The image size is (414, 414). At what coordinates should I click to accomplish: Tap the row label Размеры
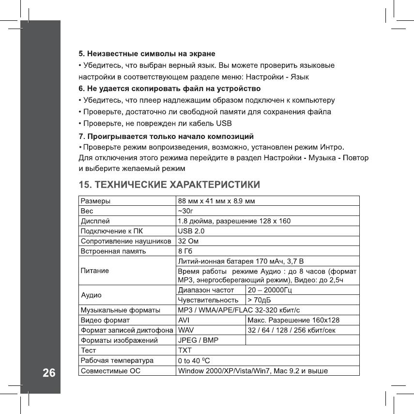pyautogui.click(x=95, y=200)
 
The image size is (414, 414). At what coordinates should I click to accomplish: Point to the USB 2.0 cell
pyautogui.click(x=192, y=230)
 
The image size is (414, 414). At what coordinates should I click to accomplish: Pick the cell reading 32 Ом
pyautogui.click(x=189, y=241)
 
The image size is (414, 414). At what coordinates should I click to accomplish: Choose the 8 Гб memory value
pyautogui.click(x=185, y=252)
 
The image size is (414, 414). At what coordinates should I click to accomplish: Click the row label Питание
pyautogui.click(x=95, y=270)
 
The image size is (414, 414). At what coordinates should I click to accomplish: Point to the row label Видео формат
pyautogui.click(x=105, y=320)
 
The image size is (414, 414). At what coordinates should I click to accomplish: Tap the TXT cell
pyautogui.click(x=185, y=350)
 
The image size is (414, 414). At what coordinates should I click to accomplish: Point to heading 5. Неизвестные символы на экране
pyautogui.click(x=147, y=53)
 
